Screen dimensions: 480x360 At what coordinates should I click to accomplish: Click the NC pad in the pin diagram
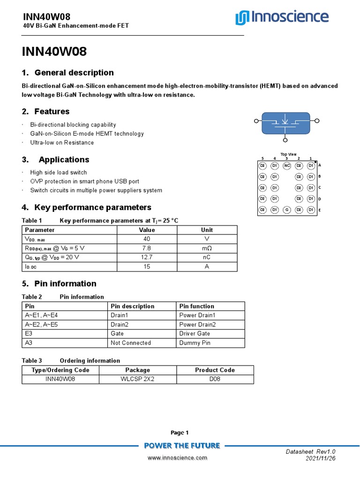[x=287, y=165]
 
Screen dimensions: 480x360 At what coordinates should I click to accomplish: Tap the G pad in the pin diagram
[x=287, y=210]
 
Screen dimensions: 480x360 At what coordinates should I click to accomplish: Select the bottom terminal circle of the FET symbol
[x=286, y=138]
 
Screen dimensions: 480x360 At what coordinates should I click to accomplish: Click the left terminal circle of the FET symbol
[x=256, y=121]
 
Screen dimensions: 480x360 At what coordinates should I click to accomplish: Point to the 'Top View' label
[x=288, y=154]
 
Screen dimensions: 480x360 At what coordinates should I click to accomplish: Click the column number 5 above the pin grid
[x=262, y=158]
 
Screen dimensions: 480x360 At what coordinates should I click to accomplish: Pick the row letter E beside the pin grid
[x=319, y=210]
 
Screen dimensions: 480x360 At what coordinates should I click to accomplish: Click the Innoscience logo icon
[x=242, y=18]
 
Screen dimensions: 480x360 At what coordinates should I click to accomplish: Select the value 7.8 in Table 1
[x=146, y=248]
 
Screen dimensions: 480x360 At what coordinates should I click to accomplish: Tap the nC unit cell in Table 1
[x=207, y=257]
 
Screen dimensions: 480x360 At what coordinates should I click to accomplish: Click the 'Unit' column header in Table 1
[x=207, y=230]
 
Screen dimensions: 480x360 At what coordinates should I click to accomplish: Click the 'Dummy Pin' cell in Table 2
[x=195, y=343]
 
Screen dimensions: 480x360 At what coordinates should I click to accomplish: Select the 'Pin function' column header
[x=197, y=306]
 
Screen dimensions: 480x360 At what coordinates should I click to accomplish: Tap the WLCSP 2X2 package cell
[x=137, y=379]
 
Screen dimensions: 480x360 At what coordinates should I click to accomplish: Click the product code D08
[x=215, y=379]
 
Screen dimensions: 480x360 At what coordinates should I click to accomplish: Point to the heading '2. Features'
[x=46, y=112]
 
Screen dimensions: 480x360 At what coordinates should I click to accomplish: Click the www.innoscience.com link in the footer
[x=177, y=457]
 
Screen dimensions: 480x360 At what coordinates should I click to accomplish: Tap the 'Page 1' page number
[x=180, y=433]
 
